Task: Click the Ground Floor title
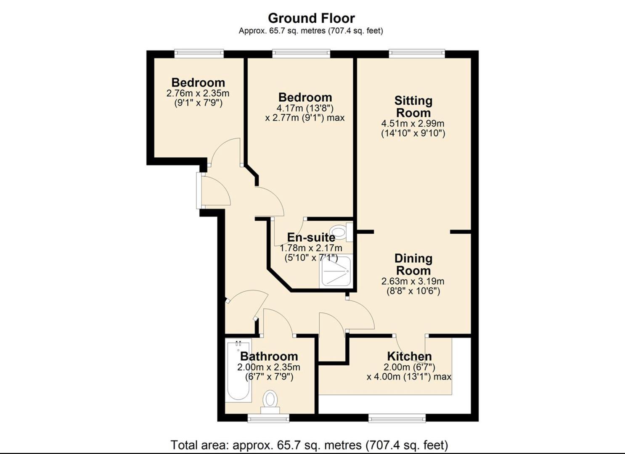(x=311, y=18)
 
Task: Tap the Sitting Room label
(x=413, y=107)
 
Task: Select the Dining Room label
(x=413, y=264)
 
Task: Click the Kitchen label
(x=409, y=356)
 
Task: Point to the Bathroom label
(x=269, y=356)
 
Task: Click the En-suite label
(x=311, y=237)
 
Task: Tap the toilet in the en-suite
(x=339, y=232)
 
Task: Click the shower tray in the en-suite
(x=335, y=271)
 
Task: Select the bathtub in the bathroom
(x=238, y=370)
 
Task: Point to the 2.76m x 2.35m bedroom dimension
(x=198, y=93)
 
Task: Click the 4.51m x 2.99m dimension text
(x=413, y=124)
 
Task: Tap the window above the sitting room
(x=416, y=53)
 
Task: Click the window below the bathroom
(x=268, y=418)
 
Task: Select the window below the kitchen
(x=397, y=418)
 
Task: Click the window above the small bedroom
(x=199, y=53)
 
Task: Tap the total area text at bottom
(x=309, y=445)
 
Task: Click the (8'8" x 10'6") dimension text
(x=413, y=291)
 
